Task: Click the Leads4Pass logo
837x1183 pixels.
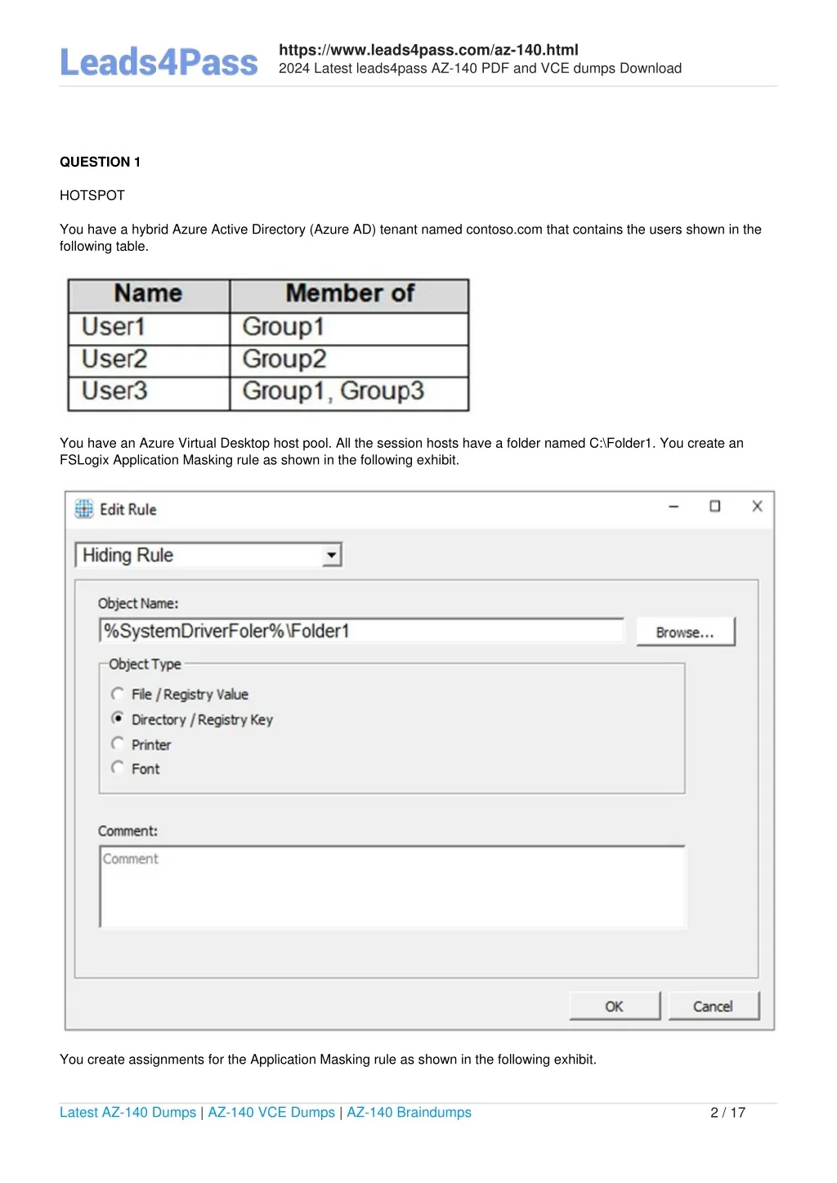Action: point(159,63)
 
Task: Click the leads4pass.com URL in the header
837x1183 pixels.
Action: point(428,50)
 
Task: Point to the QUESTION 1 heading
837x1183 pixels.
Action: point(100,162)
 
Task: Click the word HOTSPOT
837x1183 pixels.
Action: point(92,195)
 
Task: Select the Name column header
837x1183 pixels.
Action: point(148,294)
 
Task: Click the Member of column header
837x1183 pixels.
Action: point(350,294)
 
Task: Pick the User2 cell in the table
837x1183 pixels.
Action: point(114,359)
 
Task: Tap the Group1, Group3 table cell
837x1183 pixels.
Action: point(333,391)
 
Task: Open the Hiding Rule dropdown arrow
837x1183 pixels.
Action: point(331,556)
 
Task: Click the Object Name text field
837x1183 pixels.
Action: point(361,631)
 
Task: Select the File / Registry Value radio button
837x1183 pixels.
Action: point(118,694)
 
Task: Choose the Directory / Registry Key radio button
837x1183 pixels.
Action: point(118,718)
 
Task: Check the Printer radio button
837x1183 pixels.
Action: point(118,743)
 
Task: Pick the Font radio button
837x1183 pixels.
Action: point(118,767)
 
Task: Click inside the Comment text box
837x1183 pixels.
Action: point(392,887)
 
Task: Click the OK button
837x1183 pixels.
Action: point(614,1007)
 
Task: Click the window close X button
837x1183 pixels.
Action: point(757,507)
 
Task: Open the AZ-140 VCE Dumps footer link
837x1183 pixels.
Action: point(271,1113)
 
